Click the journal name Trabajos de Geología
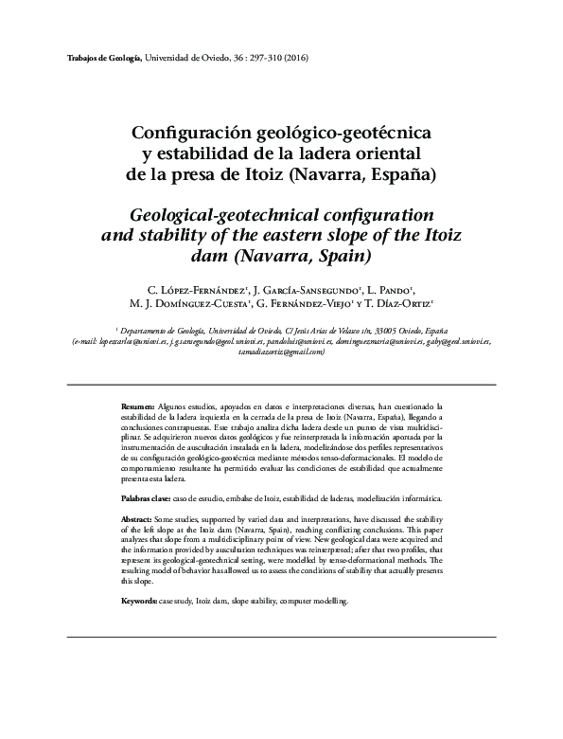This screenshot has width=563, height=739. pyautogui.click(x=105, y=59)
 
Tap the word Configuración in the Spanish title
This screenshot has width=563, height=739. pyautogui.click(x=184, y=135)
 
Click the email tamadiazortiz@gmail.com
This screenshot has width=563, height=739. pyautogui.click(x=282, y=351)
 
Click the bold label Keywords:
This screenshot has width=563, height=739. pyautogui.click(x=140, y=602)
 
